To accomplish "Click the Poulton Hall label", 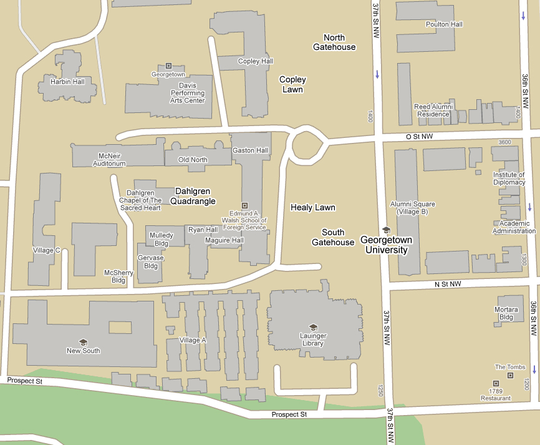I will (444, 24).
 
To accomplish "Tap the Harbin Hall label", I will (68, 82).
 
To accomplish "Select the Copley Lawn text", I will (292, 84).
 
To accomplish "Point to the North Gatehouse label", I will (334, 42).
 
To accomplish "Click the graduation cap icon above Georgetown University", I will (385, 230).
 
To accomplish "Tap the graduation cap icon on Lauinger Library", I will (313, 327).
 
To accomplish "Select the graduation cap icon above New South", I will (83, 341).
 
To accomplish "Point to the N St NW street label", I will (447, 284).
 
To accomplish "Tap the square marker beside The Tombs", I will (510, 376).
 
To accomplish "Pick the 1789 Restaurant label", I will (496, 394).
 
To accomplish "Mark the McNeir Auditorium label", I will (109, 160).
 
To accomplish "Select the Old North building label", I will (193, 160).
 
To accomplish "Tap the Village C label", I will (46, 250).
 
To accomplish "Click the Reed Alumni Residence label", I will (432, 110).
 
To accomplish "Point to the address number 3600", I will (504, 142).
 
